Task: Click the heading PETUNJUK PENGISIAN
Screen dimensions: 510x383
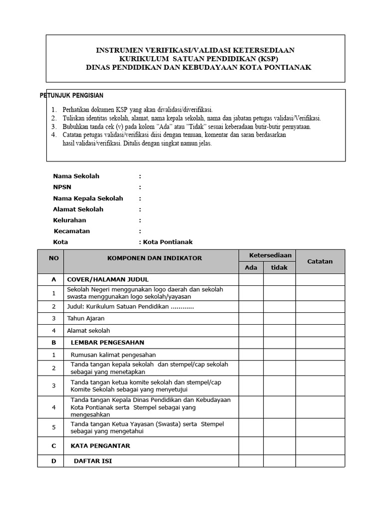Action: pyautogui.click(x=71, y=95)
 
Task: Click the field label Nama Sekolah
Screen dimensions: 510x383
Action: pyautogui.click(x=76, y=176)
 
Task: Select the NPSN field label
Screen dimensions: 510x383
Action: pyautogui.click(x=62, y=187)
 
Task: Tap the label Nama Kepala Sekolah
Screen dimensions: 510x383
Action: pyautogui.click(x=88, y=198)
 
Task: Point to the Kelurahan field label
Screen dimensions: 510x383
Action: pyautogui.click(x=69, y=220)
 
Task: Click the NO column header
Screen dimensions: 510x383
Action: pyautogui.click(x=53, y=258)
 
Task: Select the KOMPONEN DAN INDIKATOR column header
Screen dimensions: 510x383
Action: pyautogui.click(x=155, y=258)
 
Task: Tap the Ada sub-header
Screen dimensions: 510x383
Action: pyautogui.click(x=251, y=267)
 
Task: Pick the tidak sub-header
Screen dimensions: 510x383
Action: pyautogui.click(x=279, y=267)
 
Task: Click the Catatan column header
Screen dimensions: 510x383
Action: pyautogui.click(x=320, y=261)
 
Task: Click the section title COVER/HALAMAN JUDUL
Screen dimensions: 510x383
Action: pyautogui.click(x=108, y=279)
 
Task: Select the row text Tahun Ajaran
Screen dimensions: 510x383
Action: pyautogui.click(x=86, y=318)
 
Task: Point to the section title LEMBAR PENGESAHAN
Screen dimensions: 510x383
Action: pyautogui.click(x=107, y=343)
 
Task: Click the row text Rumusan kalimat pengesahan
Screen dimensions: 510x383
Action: pyautogui.click(x=113, y=355)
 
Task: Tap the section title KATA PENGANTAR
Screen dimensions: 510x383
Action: pyautogui.click(x=100, y=446)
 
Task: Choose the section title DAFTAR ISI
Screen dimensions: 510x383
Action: pyautogui.click(x=93, y=461)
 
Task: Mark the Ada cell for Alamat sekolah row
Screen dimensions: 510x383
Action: pyautogui.click(x=251, y=331)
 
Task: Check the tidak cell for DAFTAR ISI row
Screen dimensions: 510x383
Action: pyautogui.click(x=279, y=461)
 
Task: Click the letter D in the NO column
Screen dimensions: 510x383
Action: pyautogui.click(x=53, y=461)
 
